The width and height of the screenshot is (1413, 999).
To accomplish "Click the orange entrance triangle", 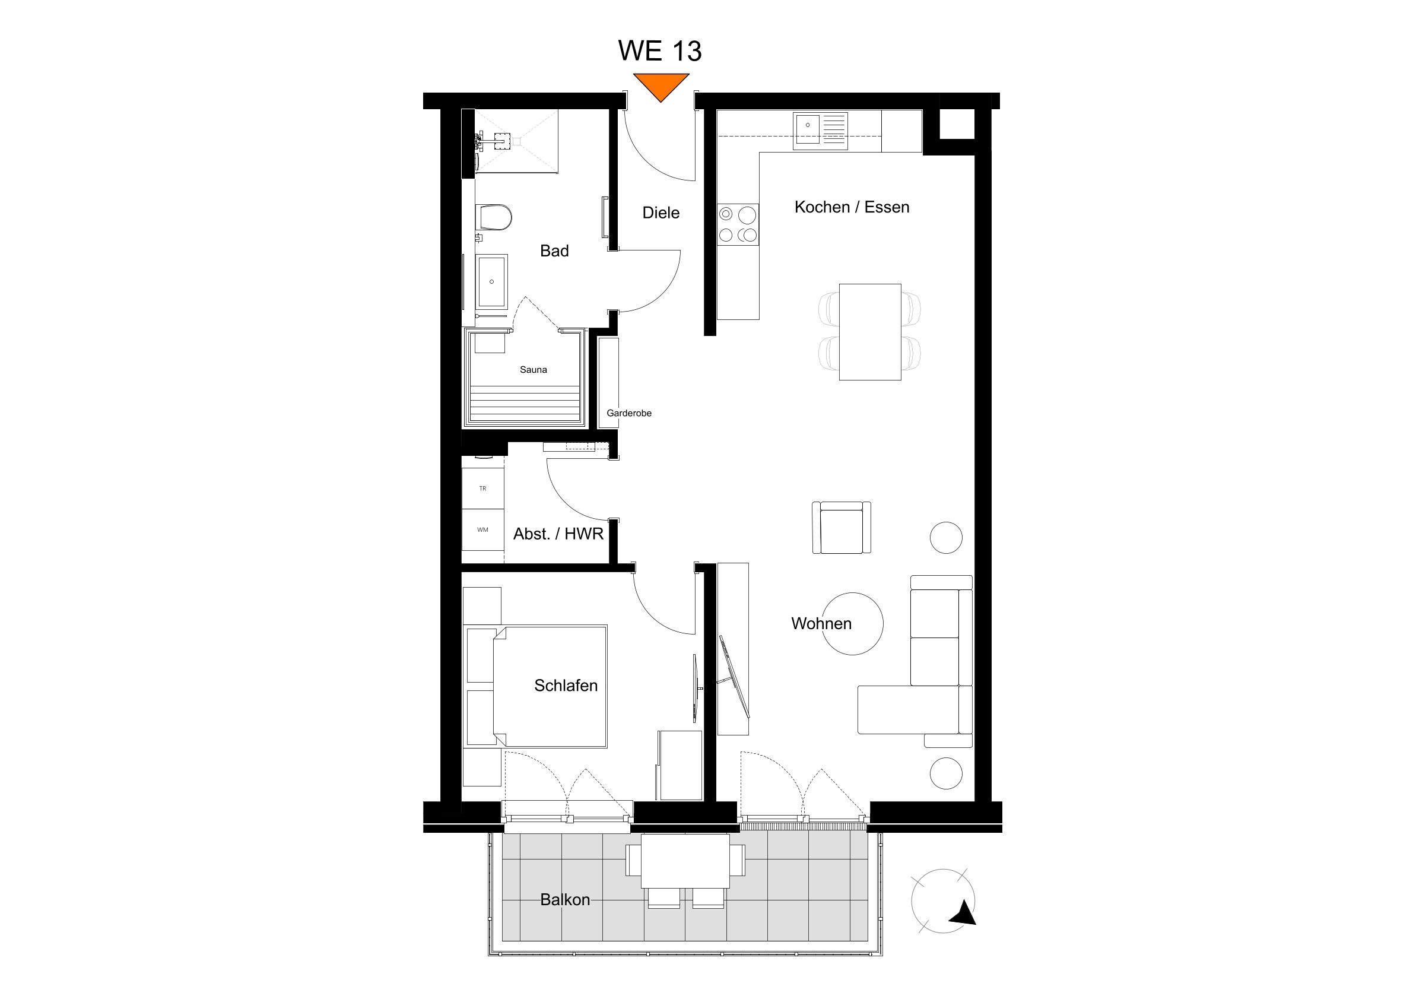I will [x=661, y=85].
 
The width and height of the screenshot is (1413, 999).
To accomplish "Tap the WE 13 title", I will [x=660, y=51].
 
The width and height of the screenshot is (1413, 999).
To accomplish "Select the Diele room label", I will [x=661, y=213].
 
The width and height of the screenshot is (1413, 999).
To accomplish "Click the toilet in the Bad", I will [x=496, y=217].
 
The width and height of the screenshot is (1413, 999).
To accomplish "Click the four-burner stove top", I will [x=738, y=224].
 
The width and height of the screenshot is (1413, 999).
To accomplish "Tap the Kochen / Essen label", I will [x=852, y=207].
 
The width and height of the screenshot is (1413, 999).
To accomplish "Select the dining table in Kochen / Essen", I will [x=869, y=332].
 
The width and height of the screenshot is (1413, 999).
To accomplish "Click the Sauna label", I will [x=533, y=370].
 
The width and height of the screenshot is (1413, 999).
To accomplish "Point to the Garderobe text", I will [x=628, y=413].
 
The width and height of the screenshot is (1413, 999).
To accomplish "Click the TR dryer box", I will [x=483, y=489].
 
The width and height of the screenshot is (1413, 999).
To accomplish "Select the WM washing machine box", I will [x=483, y=529].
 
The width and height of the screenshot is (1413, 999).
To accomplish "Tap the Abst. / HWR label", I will [x=558, y=534].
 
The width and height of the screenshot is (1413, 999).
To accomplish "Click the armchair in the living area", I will [x=842, y=528].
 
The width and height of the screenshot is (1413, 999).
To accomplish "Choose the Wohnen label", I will [x=821, y=623].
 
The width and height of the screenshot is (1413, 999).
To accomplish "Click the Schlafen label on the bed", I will [x=566, y=686].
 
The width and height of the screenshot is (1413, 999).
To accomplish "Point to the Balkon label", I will [x=565, y=900].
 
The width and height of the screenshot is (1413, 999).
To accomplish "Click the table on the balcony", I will [x=685, y=861].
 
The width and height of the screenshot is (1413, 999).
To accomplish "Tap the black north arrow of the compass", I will [x=963, y=912].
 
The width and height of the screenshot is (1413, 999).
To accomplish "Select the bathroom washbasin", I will [x=492, y=281].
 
